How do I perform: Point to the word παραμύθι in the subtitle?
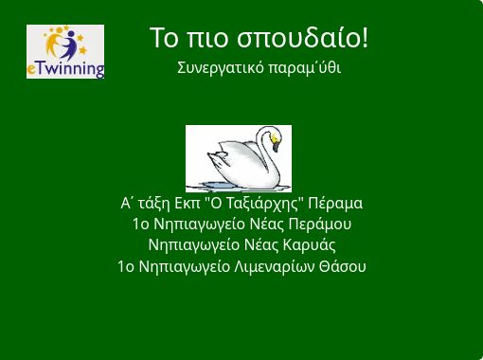[x=305, y=68]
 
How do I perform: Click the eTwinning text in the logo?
[x=65, y=69]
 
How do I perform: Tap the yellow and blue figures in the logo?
[x=63, y=44]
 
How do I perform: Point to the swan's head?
[x=272, y=138]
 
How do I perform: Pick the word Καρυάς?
[x=310, y=245]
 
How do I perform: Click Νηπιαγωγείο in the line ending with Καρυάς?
[x=196, y=245]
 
